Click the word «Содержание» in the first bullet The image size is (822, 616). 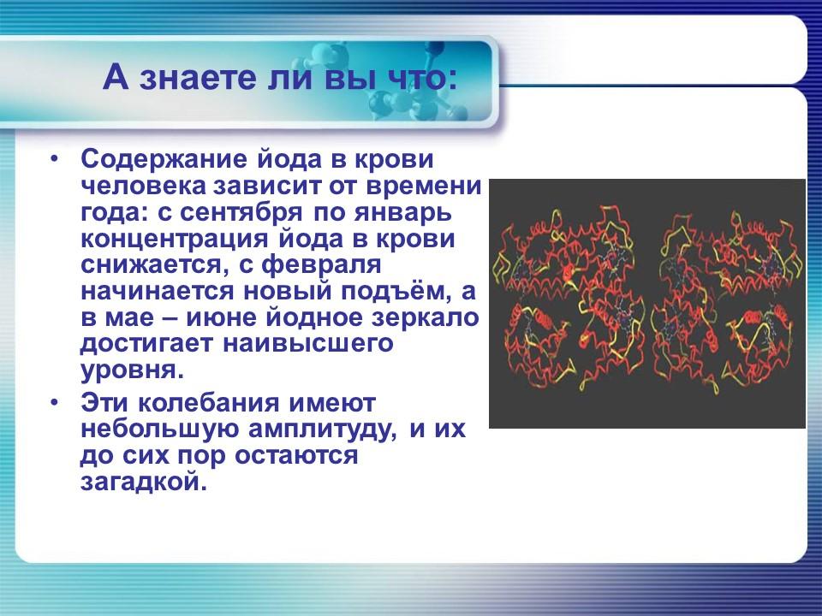(161, 160)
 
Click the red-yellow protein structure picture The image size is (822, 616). (646, 303)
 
